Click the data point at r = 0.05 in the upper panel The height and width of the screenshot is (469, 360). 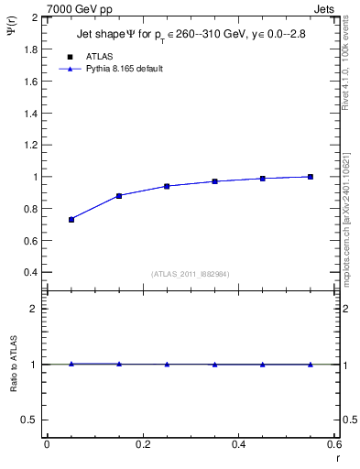coord(71,220)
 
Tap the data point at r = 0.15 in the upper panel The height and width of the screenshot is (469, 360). coord(119,196)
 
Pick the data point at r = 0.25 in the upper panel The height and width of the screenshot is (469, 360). coord(167,186)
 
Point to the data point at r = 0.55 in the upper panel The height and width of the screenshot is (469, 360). coord(311,177)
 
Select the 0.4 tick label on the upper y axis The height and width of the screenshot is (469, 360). coord(29,273)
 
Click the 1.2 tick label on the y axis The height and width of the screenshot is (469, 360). coord(29,145)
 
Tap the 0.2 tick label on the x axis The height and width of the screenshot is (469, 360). coord(143,444)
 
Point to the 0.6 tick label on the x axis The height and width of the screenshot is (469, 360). coord(334,444)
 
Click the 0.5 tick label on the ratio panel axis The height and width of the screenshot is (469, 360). coord(29,420)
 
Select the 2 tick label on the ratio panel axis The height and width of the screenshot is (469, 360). coord(34,309)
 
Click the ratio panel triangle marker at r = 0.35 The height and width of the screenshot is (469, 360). coord(214,365)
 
